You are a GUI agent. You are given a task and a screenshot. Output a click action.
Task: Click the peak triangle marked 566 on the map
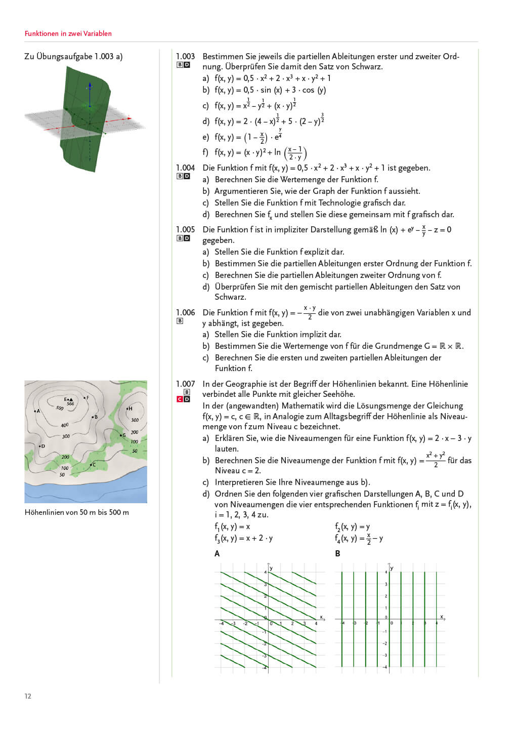click(71, 399)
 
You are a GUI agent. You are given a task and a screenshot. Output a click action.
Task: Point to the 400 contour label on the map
click(65, 425)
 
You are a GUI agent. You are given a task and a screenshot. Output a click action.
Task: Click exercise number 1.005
click(185, 229)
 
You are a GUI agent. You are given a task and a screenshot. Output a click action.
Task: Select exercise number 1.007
click(185, 384)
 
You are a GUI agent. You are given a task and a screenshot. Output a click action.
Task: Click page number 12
click(28, 696)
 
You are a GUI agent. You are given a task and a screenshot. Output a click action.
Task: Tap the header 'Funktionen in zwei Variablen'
click(68, 33)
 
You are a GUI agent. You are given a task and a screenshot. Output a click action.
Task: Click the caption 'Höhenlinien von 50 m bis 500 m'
click(77, 512)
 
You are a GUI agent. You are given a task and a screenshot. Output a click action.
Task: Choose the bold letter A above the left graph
click(217, 553)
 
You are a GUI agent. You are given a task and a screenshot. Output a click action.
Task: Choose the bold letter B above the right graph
click(337, 553)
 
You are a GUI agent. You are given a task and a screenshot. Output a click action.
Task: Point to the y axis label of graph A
click(272, 569)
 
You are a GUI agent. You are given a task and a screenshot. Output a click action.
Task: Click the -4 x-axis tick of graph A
click(222, 623)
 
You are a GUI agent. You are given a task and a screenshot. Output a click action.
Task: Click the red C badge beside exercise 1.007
click(180, 399)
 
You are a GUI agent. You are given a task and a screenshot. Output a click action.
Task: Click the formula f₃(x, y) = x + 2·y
click(243, 538)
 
